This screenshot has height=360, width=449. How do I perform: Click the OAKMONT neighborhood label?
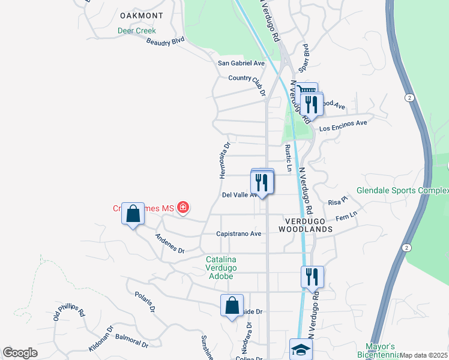(x=142, y=15)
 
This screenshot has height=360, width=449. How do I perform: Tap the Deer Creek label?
(x=136, y=31)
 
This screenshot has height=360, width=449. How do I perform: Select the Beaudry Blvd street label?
(x=165, y=41)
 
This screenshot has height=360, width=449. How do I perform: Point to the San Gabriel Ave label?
(x=241, y=63)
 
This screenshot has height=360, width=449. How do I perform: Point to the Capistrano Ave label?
(x=239, y=233)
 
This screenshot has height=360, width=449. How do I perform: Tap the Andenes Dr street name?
(x=169, y=244)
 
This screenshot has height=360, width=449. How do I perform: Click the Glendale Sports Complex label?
(x=402, y=191)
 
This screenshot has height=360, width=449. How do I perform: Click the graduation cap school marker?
(x=301, y=350)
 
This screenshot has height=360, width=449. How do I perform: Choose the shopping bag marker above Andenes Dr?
(x=133, y=214)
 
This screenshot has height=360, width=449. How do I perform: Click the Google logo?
(x=20, y=353)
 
